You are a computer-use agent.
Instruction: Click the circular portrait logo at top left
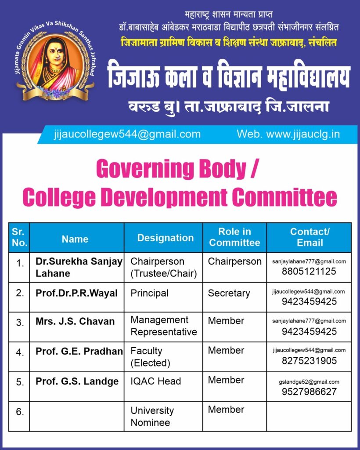click(55, 62)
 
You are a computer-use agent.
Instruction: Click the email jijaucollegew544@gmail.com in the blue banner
click(127, 134)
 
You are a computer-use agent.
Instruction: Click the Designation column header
click(165, 238)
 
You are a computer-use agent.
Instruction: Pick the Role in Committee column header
click(234, 237)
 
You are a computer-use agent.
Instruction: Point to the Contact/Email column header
click(310, 237)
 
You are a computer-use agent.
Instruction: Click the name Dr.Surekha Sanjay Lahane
click(79, 267)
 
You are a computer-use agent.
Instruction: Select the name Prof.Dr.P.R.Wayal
click(76, 293)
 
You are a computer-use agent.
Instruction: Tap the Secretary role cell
click(229, 293)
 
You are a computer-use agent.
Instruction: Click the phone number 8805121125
click(309, 272)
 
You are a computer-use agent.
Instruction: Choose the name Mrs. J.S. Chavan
click(75, 321)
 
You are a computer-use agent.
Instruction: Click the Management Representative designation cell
click(164, 326)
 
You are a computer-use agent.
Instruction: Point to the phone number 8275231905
click(309, 361)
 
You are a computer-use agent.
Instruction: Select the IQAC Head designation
click(155, 381)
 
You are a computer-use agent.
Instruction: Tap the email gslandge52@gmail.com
click(309, 382)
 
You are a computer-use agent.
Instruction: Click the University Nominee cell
click(152, 417)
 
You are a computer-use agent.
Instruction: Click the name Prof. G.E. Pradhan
click(79, 351)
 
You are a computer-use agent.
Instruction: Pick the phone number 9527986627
click(309, 392)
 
